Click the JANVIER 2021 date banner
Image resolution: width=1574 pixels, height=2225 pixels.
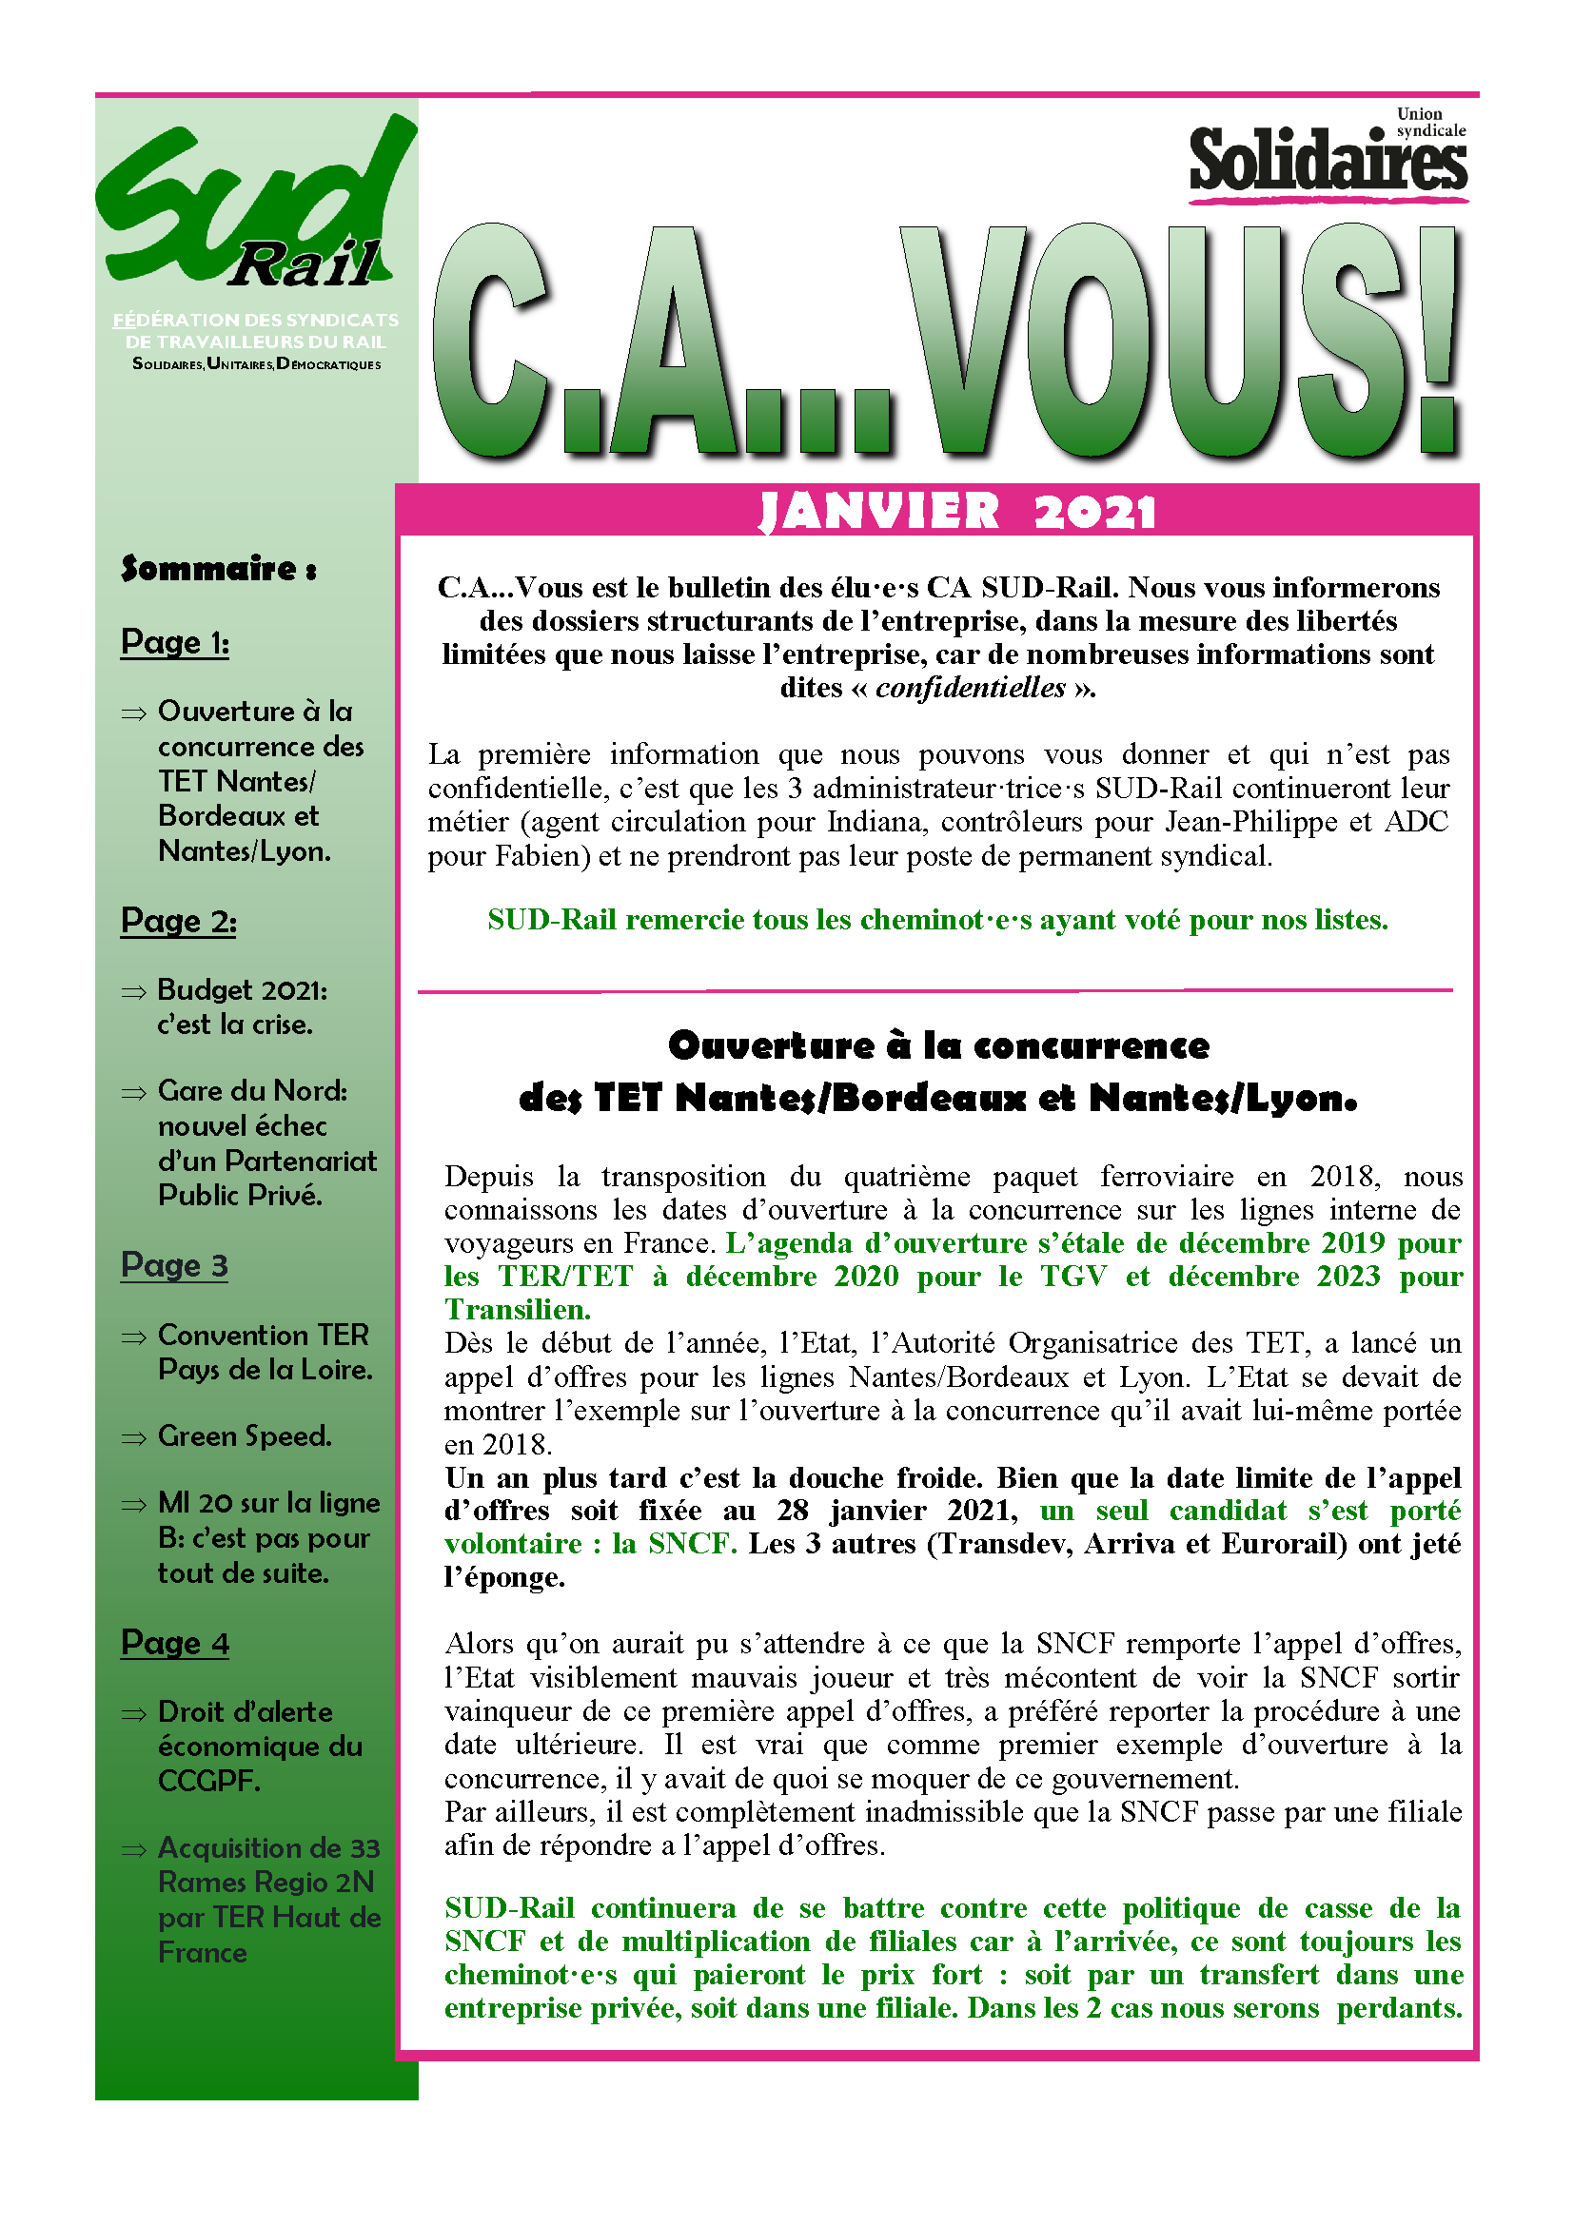[x=957, y=512]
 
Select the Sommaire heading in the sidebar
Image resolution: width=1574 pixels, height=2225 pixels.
[x=218, y=568]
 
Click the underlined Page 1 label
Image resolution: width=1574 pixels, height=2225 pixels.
[x=174, y=641]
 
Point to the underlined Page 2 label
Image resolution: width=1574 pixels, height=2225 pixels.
[x=178, y=920]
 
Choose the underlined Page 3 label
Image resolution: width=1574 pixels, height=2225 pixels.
[x=174, y=1264]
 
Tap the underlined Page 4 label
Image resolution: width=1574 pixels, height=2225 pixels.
[x=174, y=1643]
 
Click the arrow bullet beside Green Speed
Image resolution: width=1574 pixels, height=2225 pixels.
[x=133, y=1438]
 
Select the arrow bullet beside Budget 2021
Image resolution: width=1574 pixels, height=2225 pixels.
[x=133, y=992]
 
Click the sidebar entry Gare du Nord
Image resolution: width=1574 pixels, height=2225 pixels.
[x=252, y=1091]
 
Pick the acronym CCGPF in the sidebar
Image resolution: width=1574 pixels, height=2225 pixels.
[x=208, y=1781]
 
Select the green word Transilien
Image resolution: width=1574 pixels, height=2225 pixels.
[x=517, y=1310]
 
